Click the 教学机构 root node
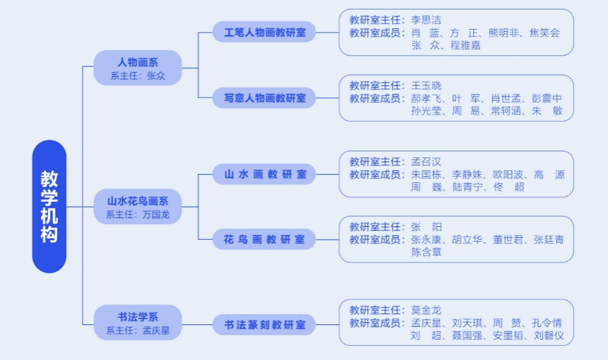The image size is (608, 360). click(x=49, y=207)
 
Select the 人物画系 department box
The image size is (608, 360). click(x=138, y=68)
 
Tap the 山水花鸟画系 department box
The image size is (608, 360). click(x=138, y=207)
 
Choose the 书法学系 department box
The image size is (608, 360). click(x=138, y=323)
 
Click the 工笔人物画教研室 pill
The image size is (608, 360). click(x=265, y=32)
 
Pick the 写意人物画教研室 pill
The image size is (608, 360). click(x=265, y=98)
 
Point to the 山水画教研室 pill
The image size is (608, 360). click(x=265, y=174)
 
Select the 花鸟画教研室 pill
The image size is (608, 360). click(x=265, y=239)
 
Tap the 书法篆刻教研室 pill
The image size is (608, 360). click(x=265, y=325)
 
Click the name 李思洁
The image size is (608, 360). click(x=426, y=20)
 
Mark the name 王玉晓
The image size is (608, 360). click(x=426, y=86)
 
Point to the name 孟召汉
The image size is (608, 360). click(x=426, y=162)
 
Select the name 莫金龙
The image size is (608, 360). click(x=426, y=311)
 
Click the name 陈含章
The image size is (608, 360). click(x=426, y=252)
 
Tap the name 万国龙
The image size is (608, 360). click(x=156, y=215)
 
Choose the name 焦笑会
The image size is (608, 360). click(x=544, y=32)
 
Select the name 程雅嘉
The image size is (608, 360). click(x=466, y=45)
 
